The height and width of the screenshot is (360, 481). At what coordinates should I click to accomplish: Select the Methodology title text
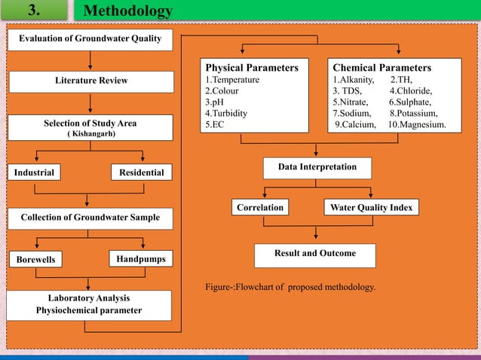click(127, 11)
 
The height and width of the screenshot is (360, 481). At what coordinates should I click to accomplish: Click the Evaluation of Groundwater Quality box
click(90, 40)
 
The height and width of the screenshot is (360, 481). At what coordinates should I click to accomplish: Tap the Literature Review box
click(91, 81)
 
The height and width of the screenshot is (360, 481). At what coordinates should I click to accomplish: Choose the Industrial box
click(35, 172)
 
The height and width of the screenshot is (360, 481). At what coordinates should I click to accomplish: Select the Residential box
click(142, 172)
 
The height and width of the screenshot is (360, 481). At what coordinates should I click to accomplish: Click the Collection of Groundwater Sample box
click(90, 218)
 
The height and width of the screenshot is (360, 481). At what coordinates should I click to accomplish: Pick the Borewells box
click(35, 260)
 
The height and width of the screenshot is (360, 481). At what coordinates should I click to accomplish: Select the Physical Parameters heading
click(252, 68)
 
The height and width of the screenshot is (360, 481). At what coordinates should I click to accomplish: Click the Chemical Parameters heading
click(382, 68)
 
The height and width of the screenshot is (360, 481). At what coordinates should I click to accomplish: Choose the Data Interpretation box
click(317, 166)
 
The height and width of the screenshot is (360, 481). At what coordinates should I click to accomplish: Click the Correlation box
click(260, 207)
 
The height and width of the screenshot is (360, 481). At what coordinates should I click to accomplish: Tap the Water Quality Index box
click(371, 207)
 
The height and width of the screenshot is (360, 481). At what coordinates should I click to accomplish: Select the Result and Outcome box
click(316, 254)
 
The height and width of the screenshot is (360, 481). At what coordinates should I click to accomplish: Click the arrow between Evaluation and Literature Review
click(90, 61)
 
